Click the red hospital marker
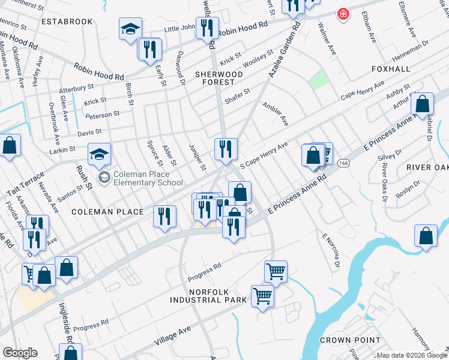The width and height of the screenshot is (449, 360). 343,14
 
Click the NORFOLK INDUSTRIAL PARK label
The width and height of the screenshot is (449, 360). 208,295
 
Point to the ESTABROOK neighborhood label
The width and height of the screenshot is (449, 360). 67,22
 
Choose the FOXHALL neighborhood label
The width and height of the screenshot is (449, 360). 391,69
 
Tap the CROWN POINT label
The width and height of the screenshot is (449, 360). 350,340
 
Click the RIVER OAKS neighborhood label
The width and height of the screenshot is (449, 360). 427,166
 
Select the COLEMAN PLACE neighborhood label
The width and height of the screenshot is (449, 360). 107,212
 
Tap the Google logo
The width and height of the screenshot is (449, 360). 20,353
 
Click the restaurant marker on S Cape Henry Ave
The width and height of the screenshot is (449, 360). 226,149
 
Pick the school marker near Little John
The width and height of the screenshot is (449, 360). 130,30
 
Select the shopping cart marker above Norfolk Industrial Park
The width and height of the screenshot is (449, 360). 276,271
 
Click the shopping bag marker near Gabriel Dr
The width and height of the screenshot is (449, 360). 422,104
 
